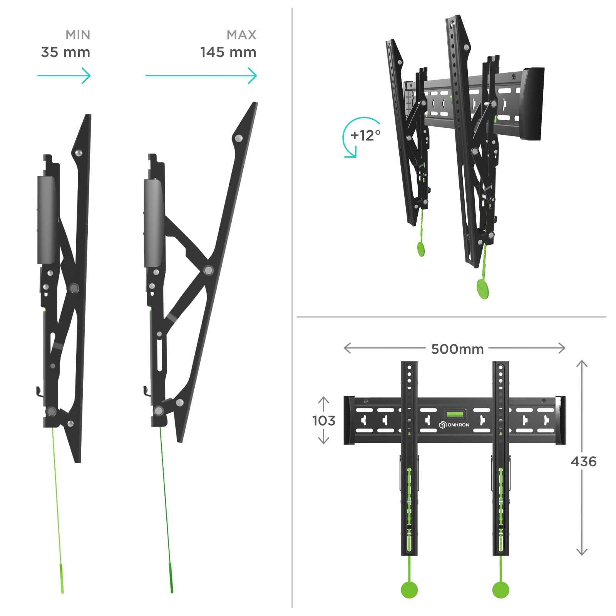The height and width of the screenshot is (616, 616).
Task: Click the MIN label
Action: [x=78, y=35]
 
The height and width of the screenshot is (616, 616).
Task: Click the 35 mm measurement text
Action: [x=65, y=52]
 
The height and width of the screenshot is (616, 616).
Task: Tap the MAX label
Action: [x=241, y=35]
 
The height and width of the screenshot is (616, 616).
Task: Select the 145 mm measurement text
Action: [x=228, y=52]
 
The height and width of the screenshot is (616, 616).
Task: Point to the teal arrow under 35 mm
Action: [x=64, y=75]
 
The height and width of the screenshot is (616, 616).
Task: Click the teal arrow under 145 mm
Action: [x=201, y=75]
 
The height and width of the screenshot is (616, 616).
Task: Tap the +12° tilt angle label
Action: [x=365, y=135]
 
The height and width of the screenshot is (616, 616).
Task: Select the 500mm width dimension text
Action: [x=457, y=349]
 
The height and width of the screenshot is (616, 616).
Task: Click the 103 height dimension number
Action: [x=324, y=420]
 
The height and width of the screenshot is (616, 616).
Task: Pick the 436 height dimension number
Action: [x=584, y=461]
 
